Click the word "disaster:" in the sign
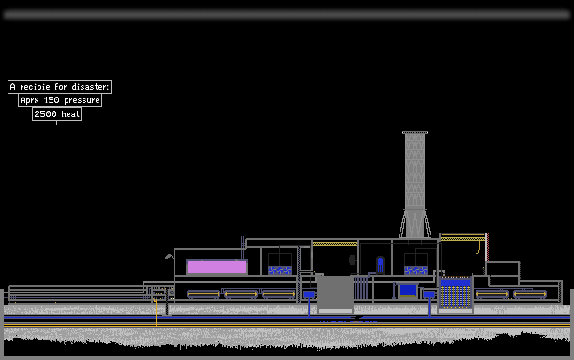pos(90,87)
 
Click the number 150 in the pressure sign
pos(52,100)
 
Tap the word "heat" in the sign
pos(70,114)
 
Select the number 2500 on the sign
pos(45,114)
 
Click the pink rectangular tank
pos(217,266)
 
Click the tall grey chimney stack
pos(415,185)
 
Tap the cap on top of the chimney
pos(415,133)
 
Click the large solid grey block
pos(335,292)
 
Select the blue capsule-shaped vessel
pos(380,264)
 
